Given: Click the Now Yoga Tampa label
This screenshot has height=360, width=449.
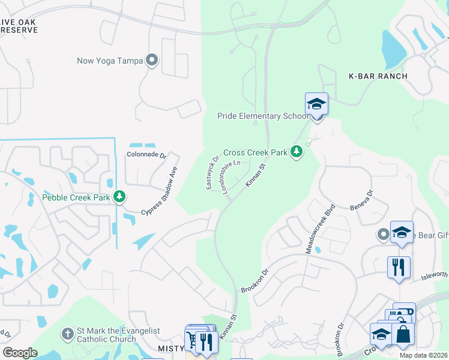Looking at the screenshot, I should click(x=110, y=61).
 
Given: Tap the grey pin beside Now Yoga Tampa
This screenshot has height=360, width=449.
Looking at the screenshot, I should click(x=152, y=60).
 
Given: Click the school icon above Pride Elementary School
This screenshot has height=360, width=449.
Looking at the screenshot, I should click(x=316, y=105).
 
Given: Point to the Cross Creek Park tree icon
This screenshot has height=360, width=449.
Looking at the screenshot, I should click(x=296, y=152).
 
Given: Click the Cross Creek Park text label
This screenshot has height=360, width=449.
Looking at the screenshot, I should click(x=256, y=153).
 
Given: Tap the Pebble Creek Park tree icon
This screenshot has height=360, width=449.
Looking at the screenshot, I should click(x=119, y=197).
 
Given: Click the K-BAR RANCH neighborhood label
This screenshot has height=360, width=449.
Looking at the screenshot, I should click(x=378, y=76).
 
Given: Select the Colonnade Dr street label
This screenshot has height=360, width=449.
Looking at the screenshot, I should click(x=146, y=154).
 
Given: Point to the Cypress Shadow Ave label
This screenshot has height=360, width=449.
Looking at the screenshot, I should click(x=160, y=191).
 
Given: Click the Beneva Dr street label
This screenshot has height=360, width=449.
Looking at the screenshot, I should click(x=361, y=200).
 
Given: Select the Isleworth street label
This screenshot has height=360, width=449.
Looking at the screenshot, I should click(x=435, y=277).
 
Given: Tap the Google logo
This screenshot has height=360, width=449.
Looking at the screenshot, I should click(x=20, y=353).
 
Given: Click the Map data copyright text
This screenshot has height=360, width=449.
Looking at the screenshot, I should click(x=423, y=355).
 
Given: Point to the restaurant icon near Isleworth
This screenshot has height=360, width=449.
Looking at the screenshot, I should click(x=399, y=267).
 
